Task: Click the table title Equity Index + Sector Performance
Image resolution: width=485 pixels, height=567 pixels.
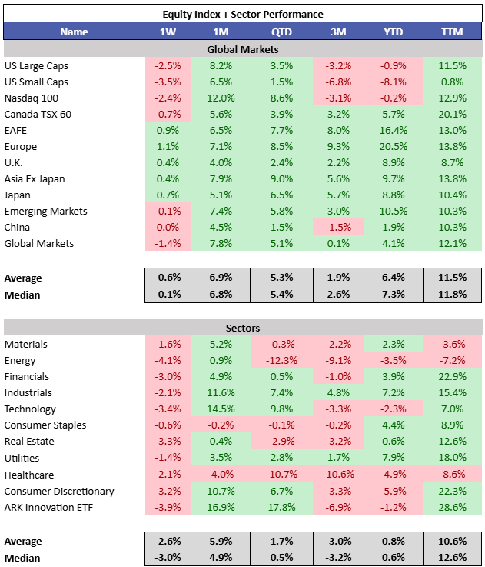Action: [x=243, y=14]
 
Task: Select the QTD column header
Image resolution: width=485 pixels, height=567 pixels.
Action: [x=281, y=32]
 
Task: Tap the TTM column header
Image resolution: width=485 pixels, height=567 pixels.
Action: [x=452, y=32]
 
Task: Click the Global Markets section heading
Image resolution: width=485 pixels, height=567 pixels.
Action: [x=243, y=49]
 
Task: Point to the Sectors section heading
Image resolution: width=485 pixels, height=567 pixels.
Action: [x=243, y=328]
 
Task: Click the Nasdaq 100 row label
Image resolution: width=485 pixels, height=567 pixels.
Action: [x=31, y=98]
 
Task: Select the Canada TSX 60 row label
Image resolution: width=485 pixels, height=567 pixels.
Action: [x=38, y=115]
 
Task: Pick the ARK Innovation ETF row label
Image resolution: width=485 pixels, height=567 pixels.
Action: [x=48, y=507]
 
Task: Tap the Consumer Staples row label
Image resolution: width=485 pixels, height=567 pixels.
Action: [x=45, y=425]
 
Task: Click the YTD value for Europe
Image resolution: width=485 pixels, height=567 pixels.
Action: [x=394, y=146]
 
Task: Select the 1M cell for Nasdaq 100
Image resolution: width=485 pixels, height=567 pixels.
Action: [x=221, y=98]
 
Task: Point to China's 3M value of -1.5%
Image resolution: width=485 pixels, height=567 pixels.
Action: [x=338, y=227]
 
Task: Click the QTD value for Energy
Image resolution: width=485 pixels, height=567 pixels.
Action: [x=281, y=360]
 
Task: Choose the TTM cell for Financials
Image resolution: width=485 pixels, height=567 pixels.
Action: [x=452, y=376]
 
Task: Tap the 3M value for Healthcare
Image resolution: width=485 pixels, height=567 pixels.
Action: [x=338, y=474]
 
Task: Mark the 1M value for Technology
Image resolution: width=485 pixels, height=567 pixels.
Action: [x=221, y=409]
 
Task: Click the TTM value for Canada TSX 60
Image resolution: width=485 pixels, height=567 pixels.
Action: [x=452, y=115]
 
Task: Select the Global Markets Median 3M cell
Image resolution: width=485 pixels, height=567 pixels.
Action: [x=338, y=295]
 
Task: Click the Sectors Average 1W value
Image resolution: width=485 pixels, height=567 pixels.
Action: [x=168, y=541]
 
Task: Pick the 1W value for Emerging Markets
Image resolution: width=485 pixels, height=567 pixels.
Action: [x=168, y=211]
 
